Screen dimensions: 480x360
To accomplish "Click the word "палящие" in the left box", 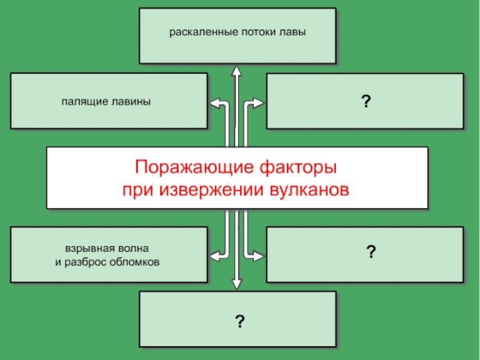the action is tap(82, 101).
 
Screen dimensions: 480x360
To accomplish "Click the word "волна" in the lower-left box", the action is tap(131, 248).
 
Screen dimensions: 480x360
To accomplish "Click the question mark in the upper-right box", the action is tap(364, 102).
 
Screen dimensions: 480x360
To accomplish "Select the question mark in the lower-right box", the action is tap(371, 251).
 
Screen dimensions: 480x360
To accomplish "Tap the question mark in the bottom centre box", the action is tap(239, 322).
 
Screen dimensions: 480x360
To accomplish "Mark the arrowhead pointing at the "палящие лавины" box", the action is tap(212, 103).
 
